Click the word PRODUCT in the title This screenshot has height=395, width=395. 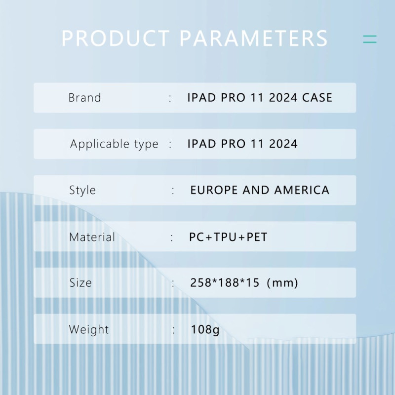click(x=116, y=39)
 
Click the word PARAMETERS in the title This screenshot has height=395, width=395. click(x=254, y=39)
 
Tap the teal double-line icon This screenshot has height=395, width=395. click(x=369, y=39)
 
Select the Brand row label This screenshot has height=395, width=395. click(x=84, y=98)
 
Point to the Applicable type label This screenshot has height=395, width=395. click(x=114, y=144)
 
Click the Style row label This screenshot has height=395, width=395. click(x=82, y=190)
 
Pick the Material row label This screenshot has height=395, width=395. click(x=92, y=237)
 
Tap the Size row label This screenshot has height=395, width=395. click(x=80, y=282)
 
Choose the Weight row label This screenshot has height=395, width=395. click(x=89, y=329)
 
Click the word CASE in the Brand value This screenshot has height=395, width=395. click(x=317, y=98)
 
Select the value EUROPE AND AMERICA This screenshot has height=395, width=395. click(x=260, y=190)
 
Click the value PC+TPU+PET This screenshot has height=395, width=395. click(x=228, y=237)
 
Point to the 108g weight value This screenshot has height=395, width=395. click(x=205, y=329)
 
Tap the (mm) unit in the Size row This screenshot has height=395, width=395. click(x=282, y=283)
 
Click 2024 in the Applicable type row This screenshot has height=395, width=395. click(x=283, y=144)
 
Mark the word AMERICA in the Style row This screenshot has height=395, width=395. click(x=302, y=190)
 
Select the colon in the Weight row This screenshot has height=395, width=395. click(x=173, y=330)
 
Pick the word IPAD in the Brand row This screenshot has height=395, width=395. click(x=201, y=98)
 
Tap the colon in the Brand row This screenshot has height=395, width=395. click(x=170, y=98)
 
